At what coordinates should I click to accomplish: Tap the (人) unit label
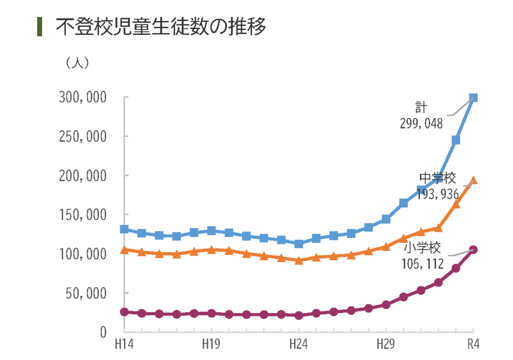pos(77,63)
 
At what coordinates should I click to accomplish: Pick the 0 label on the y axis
pos(103,332)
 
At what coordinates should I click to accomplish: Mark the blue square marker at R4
pos(473,98)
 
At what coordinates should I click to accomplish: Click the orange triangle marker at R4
pos(473,181)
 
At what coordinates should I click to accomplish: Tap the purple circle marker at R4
pos(473,250)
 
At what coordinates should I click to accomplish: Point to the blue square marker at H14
pos(124,229)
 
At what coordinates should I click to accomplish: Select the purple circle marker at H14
pos(124,312)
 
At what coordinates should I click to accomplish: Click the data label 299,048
pos(421,123)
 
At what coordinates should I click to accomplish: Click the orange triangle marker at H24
pos(299,260)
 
